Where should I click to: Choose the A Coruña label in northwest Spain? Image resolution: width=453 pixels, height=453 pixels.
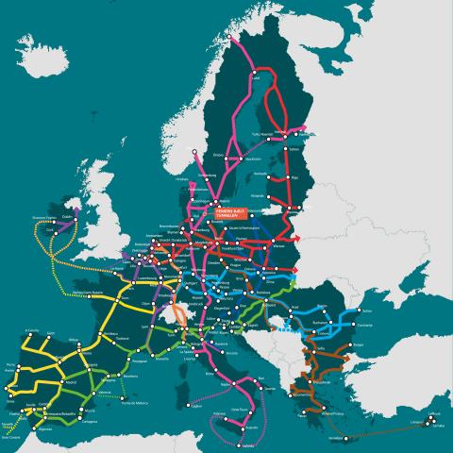33,330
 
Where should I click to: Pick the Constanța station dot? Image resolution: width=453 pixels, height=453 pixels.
356,326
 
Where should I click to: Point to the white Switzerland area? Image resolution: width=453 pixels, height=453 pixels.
174,317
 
